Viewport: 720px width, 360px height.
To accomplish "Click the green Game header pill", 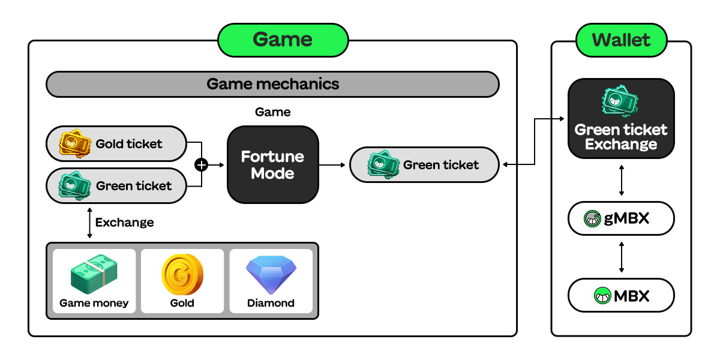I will pos(283,40).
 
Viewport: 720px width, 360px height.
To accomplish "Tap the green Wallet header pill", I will pos(621,40).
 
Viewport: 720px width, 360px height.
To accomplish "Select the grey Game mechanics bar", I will pos(272,84).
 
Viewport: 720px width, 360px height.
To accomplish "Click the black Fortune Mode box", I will pos(273,165).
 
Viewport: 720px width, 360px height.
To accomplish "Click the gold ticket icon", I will pos(74,143).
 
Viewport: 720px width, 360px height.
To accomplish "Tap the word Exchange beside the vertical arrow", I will pos(124,223).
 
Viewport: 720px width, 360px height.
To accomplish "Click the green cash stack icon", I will pos(94,274).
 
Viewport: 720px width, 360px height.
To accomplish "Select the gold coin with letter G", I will pos(182,274).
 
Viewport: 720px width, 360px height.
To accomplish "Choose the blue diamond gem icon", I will pos(271,274).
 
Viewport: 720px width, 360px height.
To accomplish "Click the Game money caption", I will pos(94,303).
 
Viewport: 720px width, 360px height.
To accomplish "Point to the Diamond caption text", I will pos(271,303).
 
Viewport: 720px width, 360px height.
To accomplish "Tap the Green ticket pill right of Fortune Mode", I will pos(424,165).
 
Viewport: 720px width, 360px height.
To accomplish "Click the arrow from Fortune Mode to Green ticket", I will pos(334,165).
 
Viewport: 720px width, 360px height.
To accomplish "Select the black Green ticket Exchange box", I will pos(621,119).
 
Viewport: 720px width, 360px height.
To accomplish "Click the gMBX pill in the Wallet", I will pos(621,218).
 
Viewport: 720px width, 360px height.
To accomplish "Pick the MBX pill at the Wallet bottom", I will pos(621,295).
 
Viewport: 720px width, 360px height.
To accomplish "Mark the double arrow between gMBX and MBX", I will pos(621,257).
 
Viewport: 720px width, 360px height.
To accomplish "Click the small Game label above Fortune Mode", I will pos(272,112).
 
